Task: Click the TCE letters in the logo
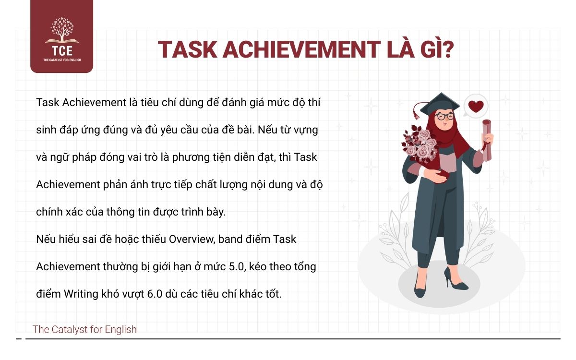[61, 49]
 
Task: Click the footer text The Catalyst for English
[84, 330]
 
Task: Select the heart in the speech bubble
[476, 106]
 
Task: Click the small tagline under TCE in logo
[61, 60]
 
